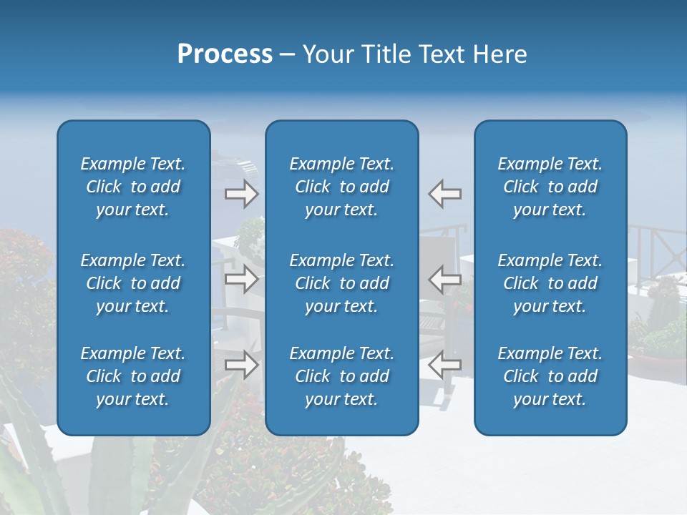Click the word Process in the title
(x=225, y=54)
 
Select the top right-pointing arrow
(x=241, y=194)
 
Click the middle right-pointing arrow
(x=241, y=279)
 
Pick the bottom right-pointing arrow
(x=241, y=365)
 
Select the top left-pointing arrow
(x=445, y=194)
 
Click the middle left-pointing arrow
(x=445, y=279)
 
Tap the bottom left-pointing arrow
(x=445, y=365)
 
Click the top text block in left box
(x=133, y=187)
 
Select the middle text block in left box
(x=133, y=283)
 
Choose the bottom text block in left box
(x=133, y=376)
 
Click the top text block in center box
(x=342, y=187)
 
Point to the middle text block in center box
(x=342, y=283)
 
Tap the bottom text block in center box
(x=342, y=376)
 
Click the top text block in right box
(x=550, y=187)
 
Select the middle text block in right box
(x=550, y=283)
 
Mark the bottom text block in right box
(x=550, y=376)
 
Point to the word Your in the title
(x=326, y=54)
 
